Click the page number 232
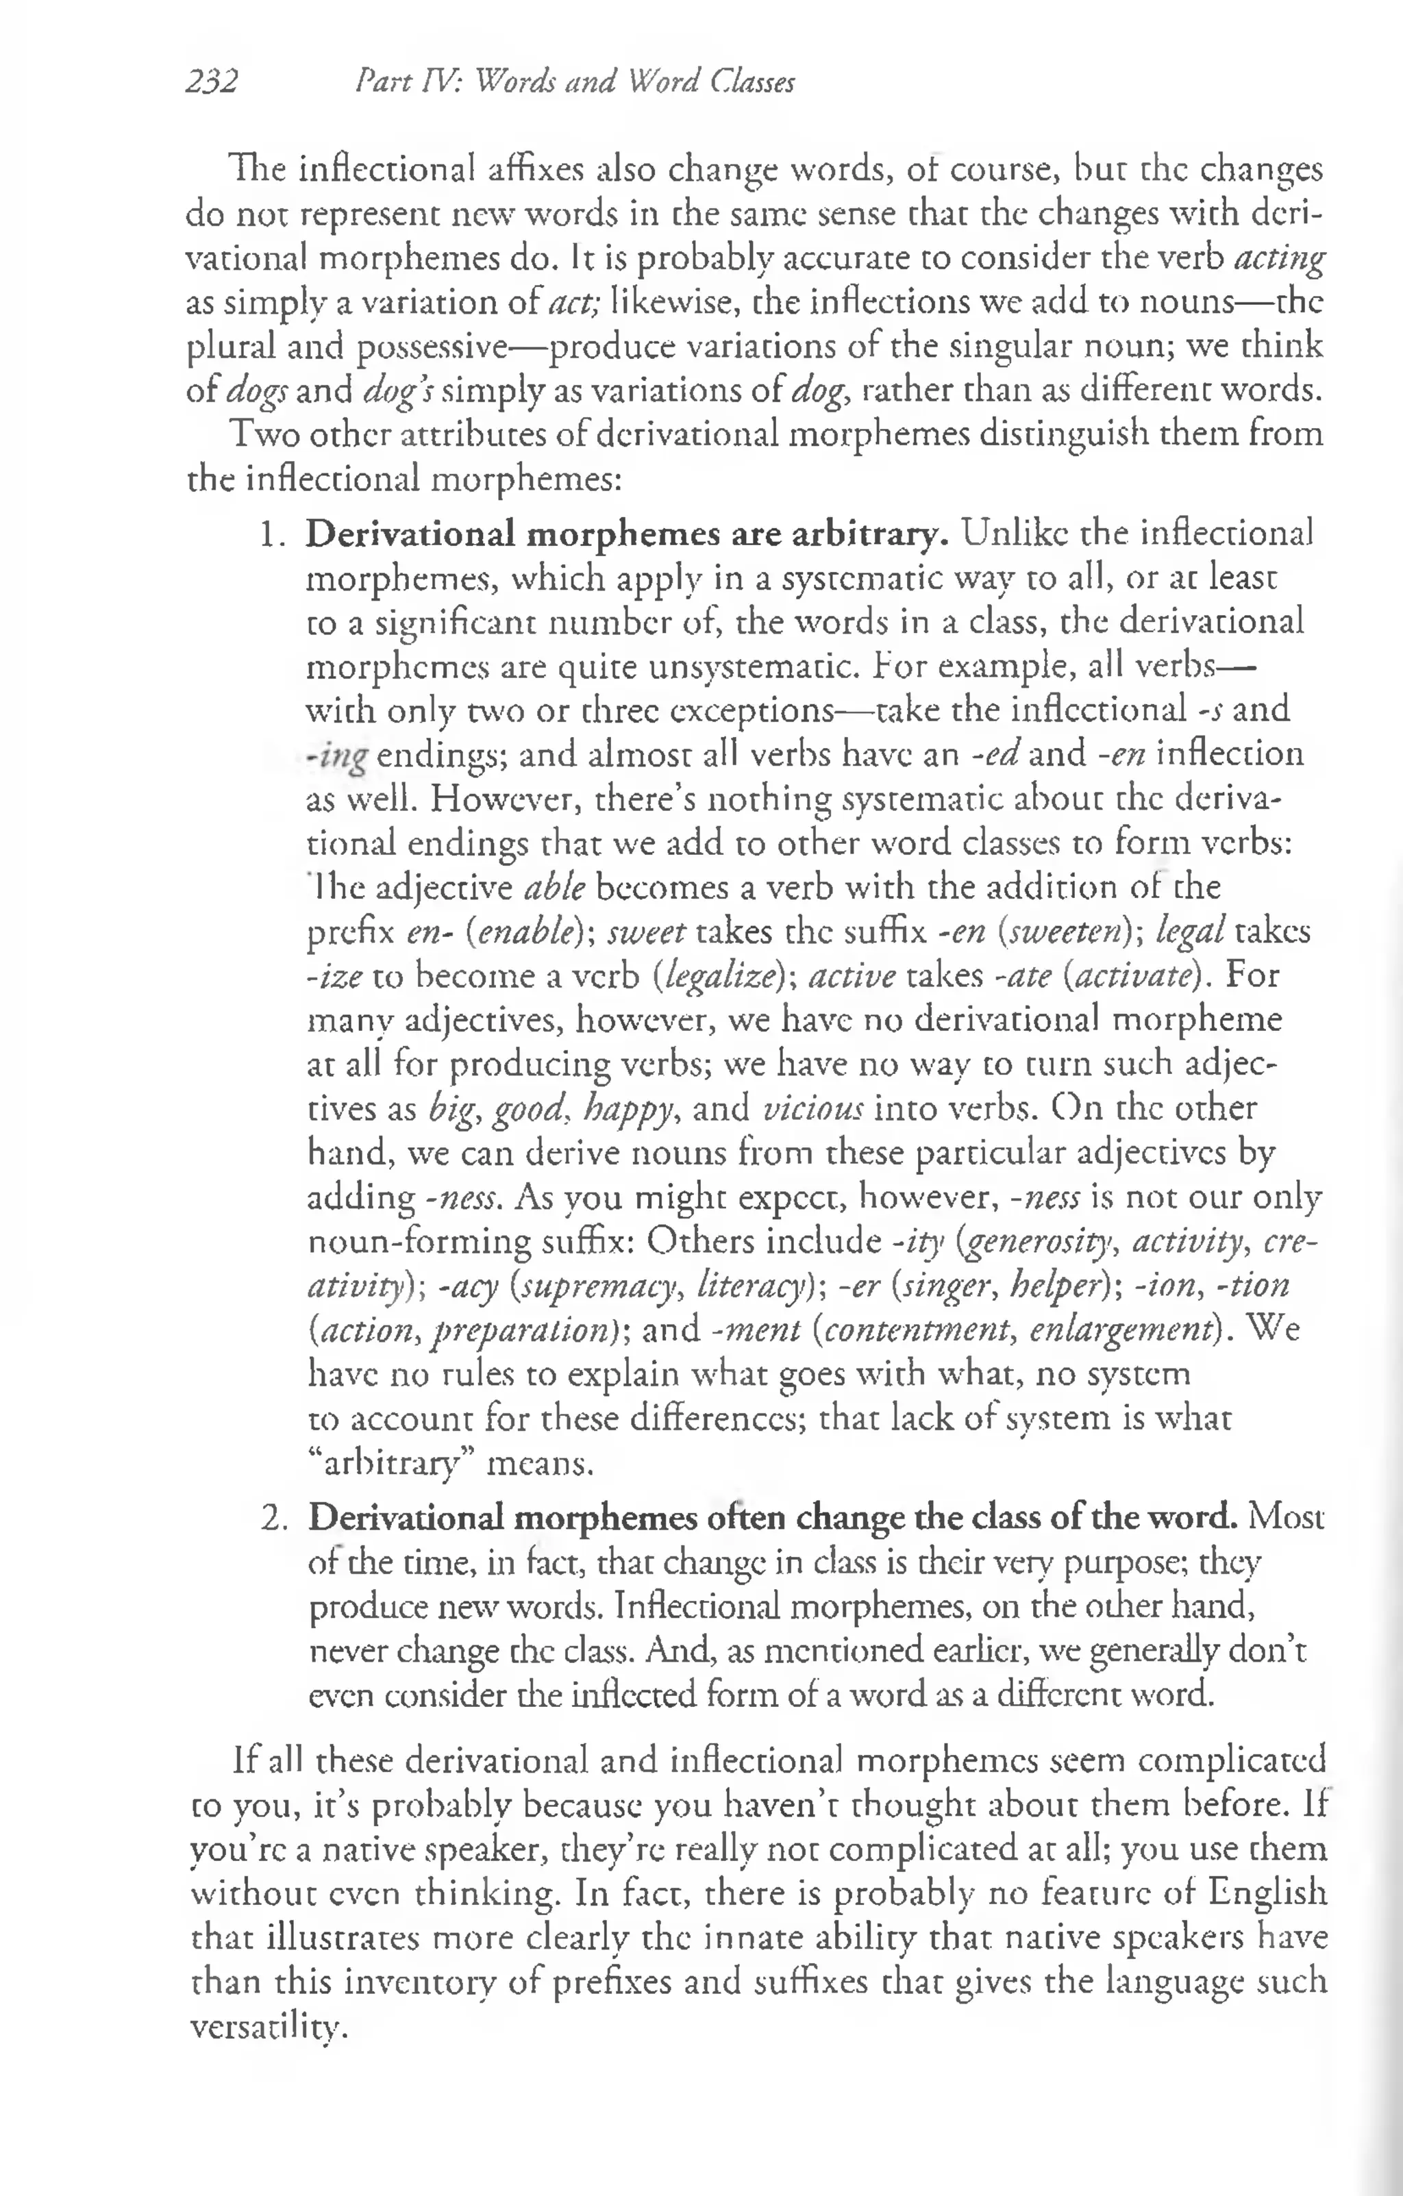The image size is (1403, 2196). click(x=212, y=82)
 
